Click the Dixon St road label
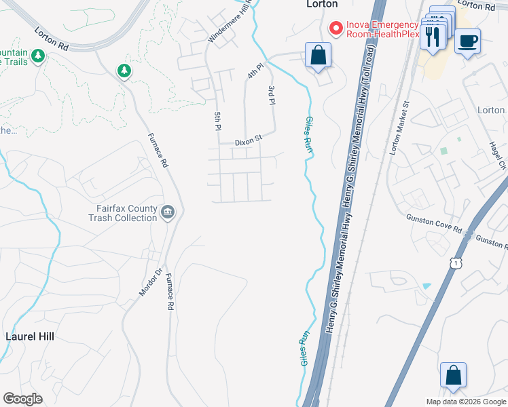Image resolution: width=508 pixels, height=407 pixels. (248, 142)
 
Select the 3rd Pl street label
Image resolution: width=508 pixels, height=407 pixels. (272, 94)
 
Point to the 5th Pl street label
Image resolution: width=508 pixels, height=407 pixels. (218, 120)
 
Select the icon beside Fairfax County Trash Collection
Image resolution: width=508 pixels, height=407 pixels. (168, 214)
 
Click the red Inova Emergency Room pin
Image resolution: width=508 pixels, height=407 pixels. (335, 28)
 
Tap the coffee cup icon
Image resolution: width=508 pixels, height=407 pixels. (468, 41)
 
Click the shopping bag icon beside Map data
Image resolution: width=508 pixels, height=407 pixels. (453, 376)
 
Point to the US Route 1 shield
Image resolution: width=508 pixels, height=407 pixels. (460, 261)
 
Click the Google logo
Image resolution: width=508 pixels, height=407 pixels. (22, 399)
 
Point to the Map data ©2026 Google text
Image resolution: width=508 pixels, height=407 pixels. (466, 402)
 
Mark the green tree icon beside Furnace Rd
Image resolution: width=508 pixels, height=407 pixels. (124, 71)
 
